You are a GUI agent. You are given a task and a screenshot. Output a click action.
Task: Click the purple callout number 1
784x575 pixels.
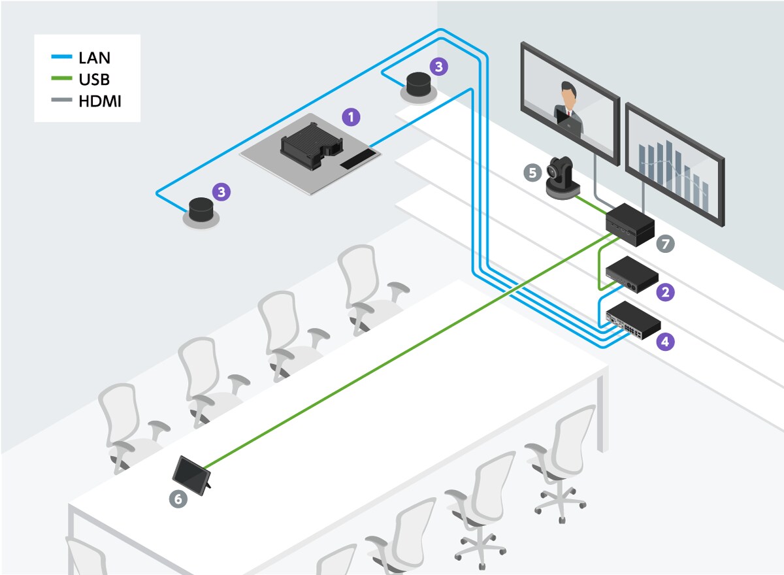pyautogui.click(x=351, y=118)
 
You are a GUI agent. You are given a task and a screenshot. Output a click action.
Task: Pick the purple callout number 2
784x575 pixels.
pyautogui.click(x=666, y=292)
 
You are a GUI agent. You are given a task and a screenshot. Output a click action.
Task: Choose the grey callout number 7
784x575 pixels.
pyautogui.click(x=666, y=244)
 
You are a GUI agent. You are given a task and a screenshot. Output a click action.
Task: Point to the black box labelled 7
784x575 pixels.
pyautogui.click(x=630, y=223)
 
